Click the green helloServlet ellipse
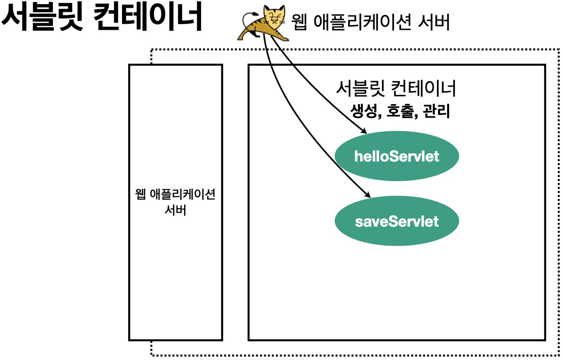(x=397, y=156)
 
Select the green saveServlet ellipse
(x=397, y=221)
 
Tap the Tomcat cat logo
(x=263, y=23)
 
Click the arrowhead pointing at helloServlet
(x=364, y=131)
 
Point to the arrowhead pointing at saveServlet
(x=367, y=194)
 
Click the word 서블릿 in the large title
(x=43, y=16)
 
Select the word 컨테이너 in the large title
(x=148, y=16)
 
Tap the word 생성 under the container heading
(x=364, y=111)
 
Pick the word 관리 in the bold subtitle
(x=436, y=111)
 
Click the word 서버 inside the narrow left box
(x=175, y=210)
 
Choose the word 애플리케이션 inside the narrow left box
(x=183, y=194)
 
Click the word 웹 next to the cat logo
(x=299, y=22)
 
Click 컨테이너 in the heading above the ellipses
(x=424, y=88)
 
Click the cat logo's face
(x=274, y=17)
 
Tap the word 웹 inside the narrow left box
(x=140, y=194)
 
